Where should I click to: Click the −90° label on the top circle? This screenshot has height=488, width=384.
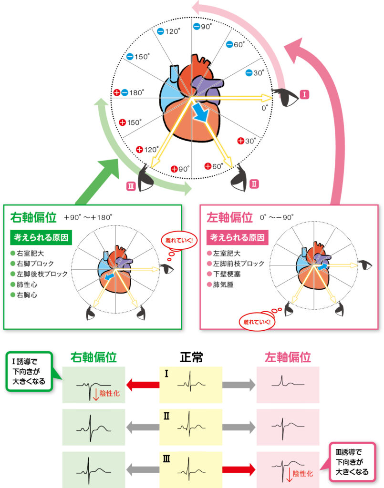[203, 27]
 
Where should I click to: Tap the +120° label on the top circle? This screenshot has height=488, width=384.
[148, 150]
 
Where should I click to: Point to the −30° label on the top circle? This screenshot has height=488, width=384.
[255, 73]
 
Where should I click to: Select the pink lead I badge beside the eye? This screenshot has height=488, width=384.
[304, 94]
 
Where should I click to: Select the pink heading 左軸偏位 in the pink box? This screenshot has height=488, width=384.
[229, 218]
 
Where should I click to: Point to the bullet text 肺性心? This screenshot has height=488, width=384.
[28, 285]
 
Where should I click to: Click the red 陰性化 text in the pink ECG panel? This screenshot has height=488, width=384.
[302, 474]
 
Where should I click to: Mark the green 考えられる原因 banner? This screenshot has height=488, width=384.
[41, 237]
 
